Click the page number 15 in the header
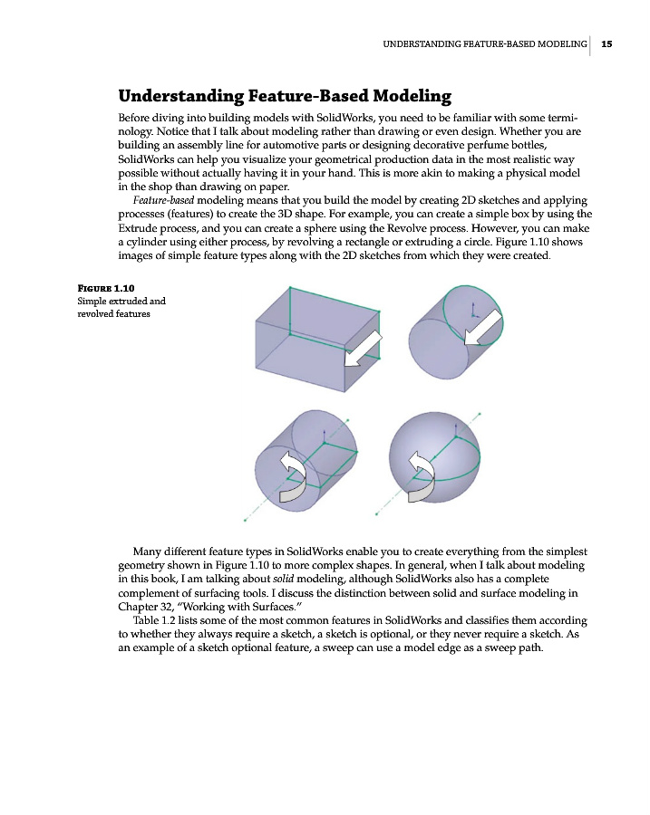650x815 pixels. pyautogui.click(x=606, y=43)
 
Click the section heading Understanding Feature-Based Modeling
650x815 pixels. pyautogui.click(x=285, y=96)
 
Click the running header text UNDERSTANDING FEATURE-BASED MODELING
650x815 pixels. pyautogui.click(x=485, y=43)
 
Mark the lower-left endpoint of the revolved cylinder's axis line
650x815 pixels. pyautogui.click(x=246, y=520)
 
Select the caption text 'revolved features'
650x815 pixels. pyautogui.click(x=113, y=314)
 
